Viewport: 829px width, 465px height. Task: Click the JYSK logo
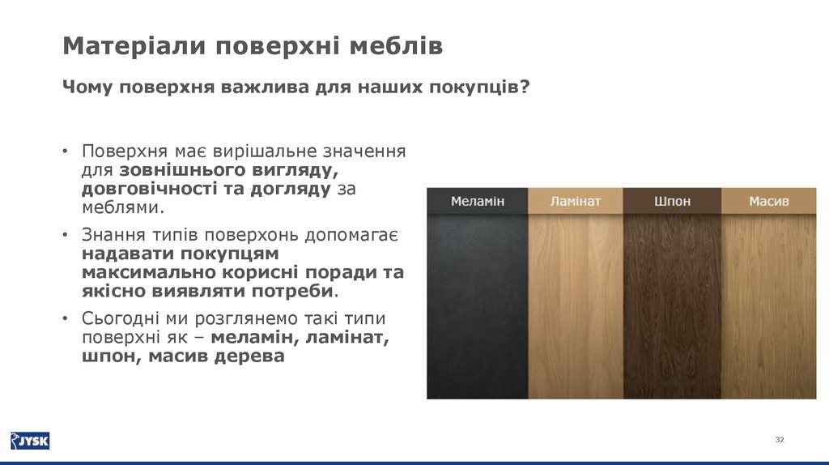[x=30, y=441]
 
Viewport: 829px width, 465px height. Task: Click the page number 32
[x=780, y=439]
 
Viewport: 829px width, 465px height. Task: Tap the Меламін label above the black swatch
[x=478, y=201]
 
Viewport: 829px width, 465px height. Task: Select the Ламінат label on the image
[x=576, y=201]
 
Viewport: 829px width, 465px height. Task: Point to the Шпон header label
[x=671, y=201]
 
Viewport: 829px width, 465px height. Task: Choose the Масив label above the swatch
[x=768, y=201]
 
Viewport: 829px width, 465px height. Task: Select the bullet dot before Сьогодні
[x=65, y=318]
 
